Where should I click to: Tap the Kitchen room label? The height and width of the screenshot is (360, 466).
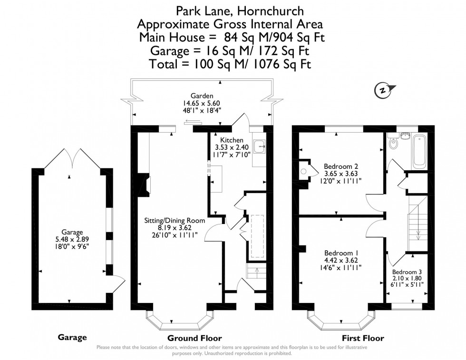(x=232, y=140)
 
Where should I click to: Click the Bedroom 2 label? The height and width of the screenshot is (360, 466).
(x=340, y=166)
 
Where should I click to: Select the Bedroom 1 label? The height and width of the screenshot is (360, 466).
(x=340, y=253)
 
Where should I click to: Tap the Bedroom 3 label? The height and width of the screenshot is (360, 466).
(x=407, y=272)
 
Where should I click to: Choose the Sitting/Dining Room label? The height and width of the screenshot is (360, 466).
(x=175, y=220)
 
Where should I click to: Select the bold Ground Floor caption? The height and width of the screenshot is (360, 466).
(x=194, y=338)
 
